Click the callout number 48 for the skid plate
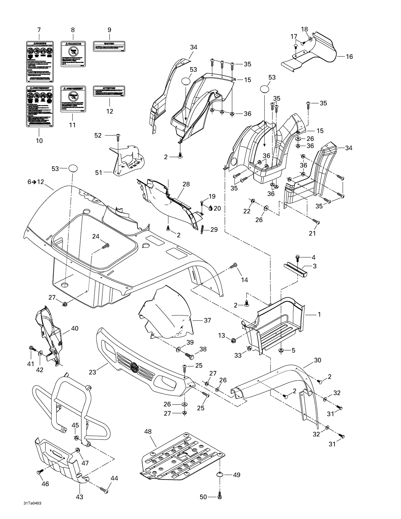(148, 431)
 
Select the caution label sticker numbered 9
(109, 46)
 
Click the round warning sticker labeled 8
(73, 54)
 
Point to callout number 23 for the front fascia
(92, 372)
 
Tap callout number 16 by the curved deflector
(349, 56)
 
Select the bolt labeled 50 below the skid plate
(220, 497)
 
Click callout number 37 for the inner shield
(207, 320)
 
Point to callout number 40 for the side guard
(75, 328)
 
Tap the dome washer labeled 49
(220, 475)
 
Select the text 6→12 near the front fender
(36, 182)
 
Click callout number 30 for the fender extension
(317, 360)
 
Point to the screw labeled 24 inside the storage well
(106, 245)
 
